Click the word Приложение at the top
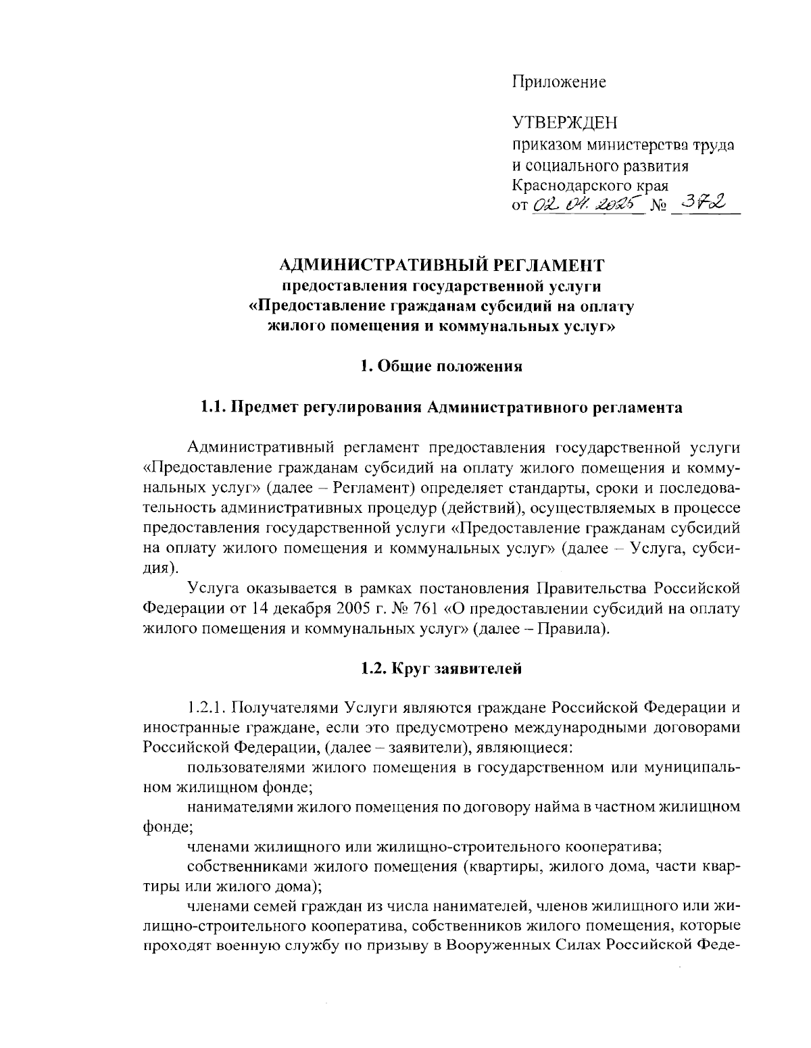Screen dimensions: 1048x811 [x=558, y=82]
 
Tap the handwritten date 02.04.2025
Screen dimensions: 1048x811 [x=585, y=204]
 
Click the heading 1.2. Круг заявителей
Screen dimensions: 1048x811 [x=442, y=669]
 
